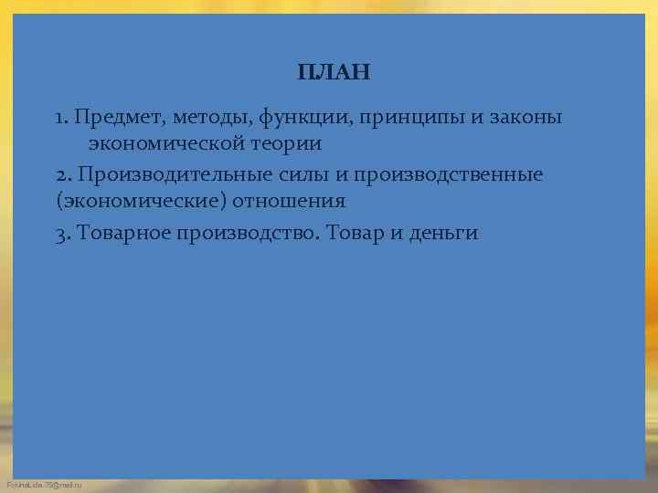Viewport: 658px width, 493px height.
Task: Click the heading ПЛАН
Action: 334,72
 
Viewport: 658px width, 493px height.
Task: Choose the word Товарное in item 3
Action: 122,233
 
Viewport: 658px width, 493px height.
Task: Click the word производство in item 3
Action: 246,233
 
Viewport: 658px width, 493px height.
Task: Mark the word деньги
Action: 445,234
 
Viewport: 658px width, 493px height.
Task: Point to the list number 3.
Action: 60,233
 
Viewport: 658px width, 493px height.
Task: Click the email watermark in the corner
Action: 44,484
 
